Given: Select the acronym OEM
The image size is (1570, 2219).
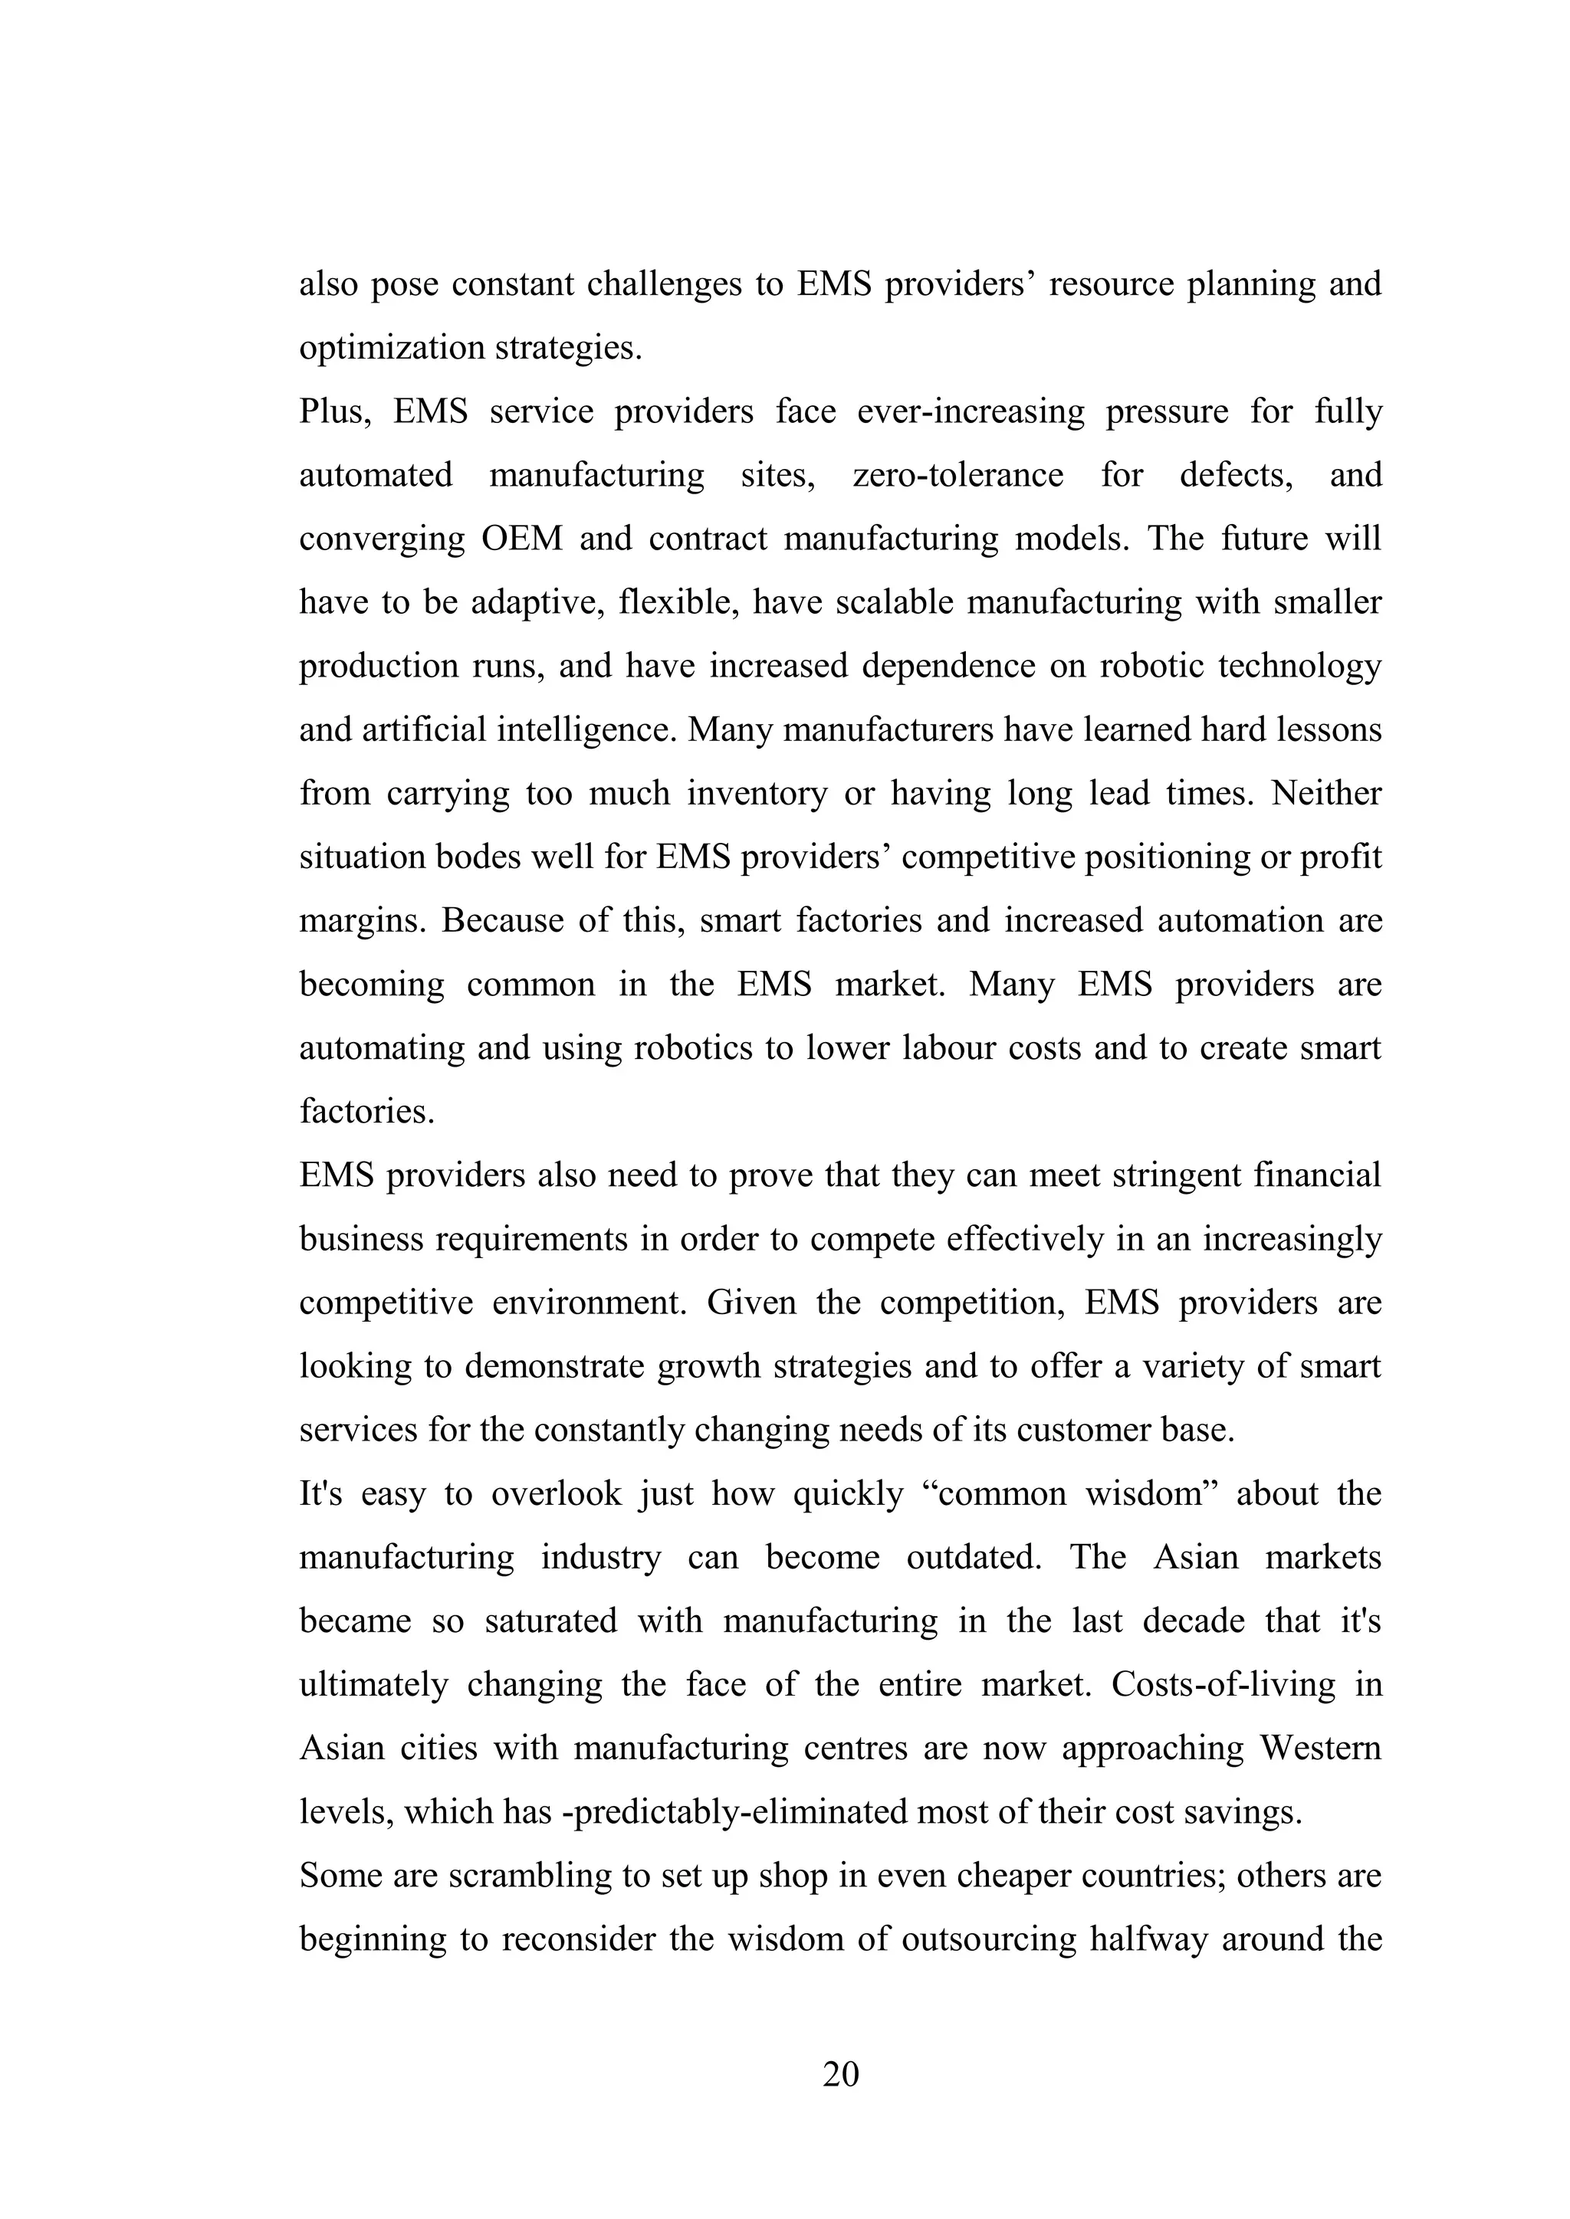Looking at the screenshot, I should click(x=522, y=539).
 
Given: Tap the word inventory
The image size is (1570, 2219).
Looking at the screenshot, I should click(x=757, y=794).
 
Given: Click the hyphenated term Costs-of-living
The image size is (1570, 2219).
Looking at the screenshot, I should click(x=1223, y=1686).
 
